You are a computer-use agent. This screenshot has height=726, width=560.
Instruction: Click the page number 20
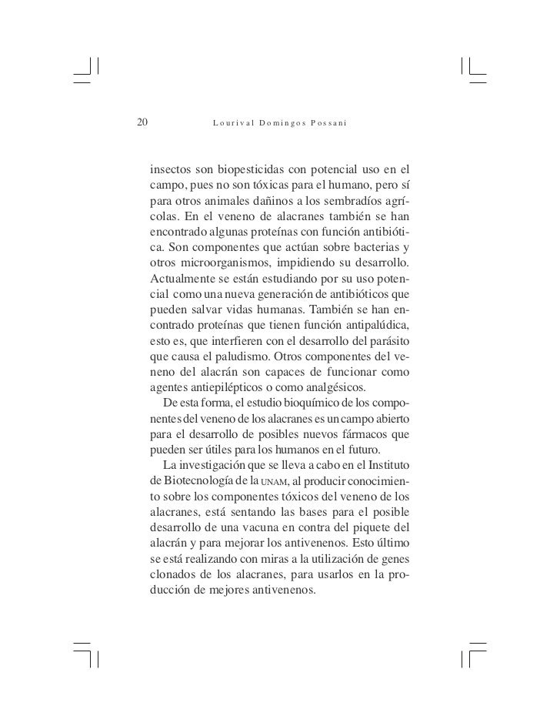[x=142, y=121]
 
